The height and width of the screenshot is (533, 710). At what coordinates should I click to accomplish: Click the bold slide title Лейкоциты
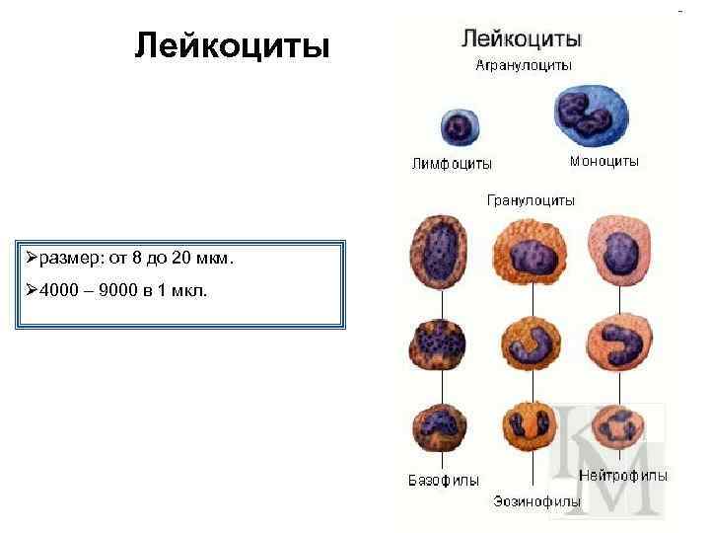(x=232, y=44)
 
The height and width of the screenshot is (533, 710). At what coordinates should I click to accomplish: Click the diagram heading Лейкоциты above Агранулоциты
(x=522, y=38)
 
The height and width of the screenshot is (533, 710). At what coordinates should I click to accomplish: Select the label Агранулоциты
(x=524, y=65)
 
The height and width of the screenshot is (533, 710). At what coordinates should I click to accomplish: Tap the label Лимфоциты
(x=452, y=164)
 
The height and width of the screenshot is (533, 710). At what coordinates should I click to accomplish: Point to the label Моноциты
(x=604, y=160)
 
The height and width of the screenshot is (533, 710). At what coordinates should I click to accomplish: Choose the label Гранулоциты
(x=531, y=200)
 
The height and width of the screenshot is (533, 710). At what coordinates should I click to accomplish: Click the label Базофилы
(x=444, y=481)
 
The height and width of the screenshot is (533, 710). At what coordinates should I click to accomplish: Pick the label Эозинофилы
(x=536, y=502)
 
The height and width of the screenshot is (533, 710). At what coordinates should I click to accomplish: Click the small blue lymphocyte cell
(x=458, y=128)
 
